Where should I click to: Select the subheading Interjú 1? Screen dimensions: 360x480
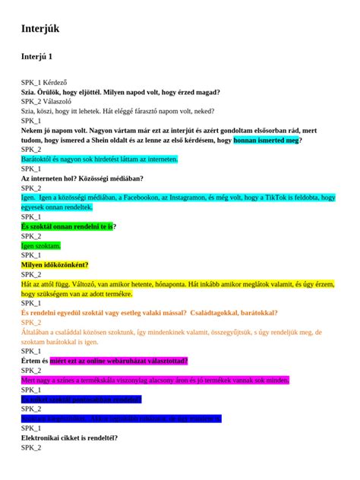click(x=36, y=57)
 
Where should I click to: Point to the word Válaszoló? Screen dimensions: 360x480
click(x=62, y=101)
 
